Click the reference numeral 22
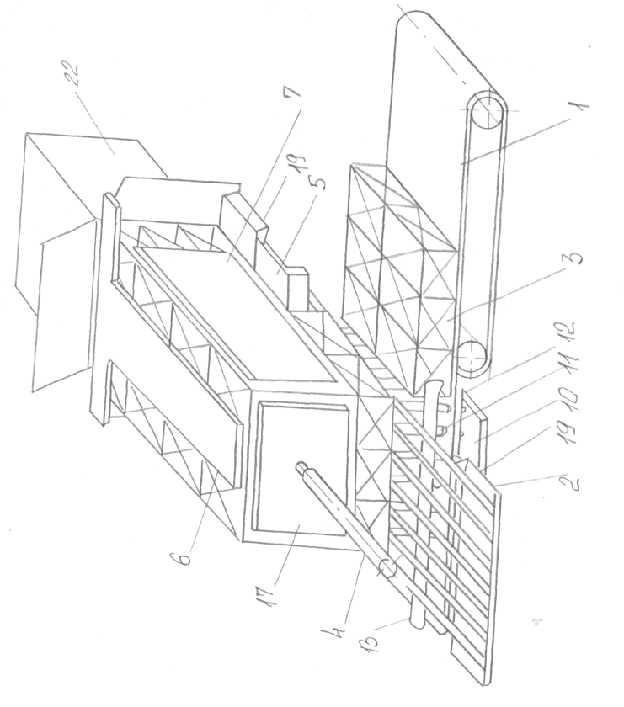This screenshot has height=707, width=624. click(x=72, y=74)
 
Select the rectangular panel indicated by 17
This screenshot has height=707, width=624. click(x=300, y=469)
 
